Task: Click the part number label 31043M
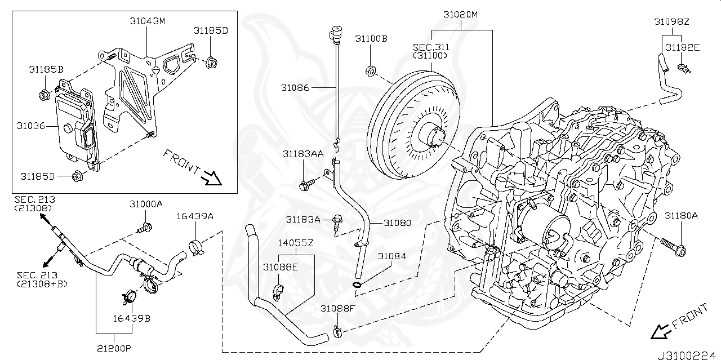147,21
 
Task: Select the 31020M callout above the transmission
460,14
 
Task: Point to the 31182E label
682,47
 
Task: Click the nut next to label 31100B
371,71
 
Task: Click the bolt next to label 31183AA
309,183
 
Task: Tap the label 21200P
113,348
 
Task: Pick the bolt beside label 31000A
145,228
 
